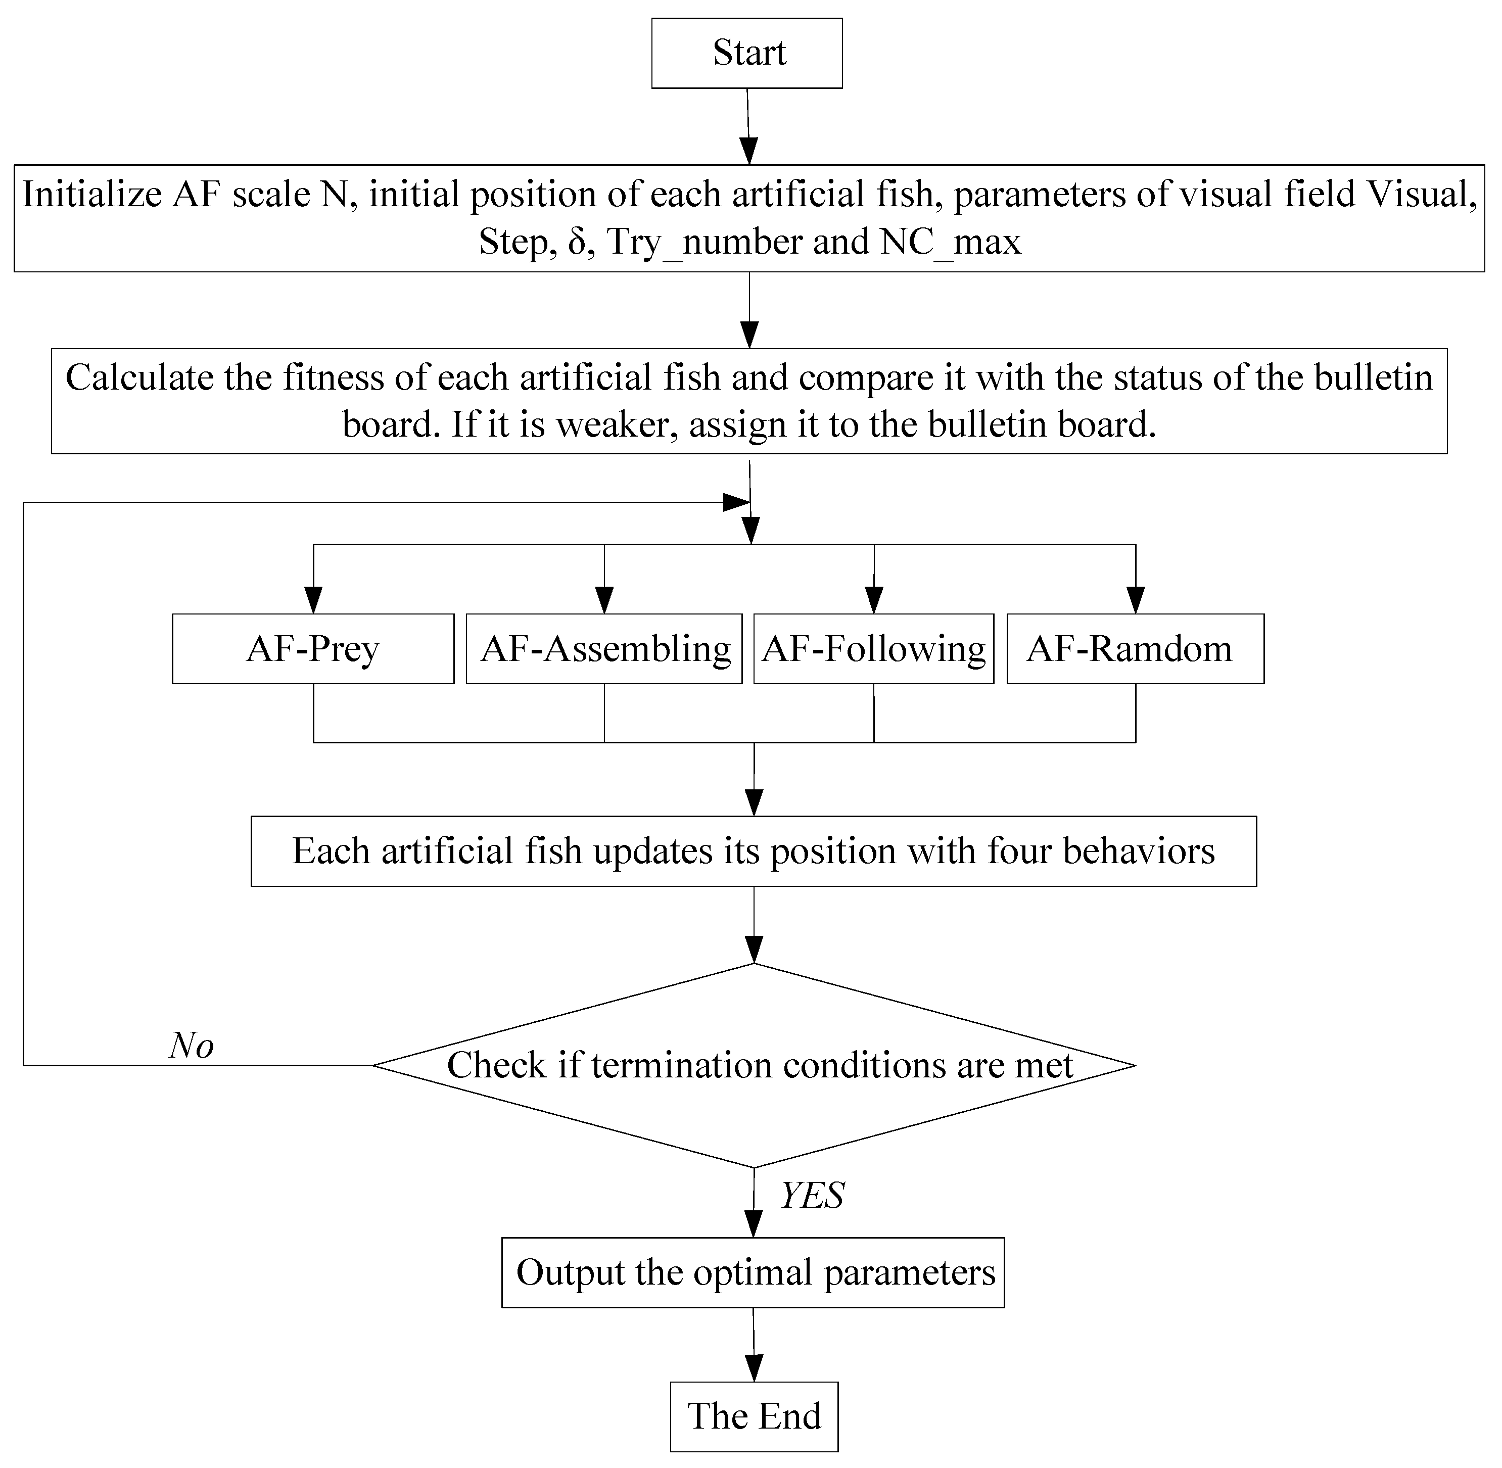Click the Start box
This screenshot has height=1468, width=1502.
point(746,53)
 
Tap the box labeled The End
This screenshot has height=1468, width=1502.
point(754,1415)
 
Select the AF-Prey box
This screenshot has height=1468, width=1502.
point(312,648)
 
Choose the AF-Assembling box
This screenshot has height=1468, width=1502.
point(604,648)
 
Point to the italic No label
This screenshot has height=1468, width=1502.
point(191,1046)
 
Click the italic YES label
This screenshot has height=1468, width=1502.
point(812,1195)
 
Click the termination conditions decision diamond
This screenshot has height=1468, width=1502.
point(754,1066)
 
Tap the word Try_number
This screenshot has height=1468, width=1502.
point(705,242)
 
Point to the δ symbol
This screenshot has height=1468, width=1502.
point(578,242)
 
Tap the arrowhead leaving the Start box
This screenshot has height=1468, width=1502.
point(748,151)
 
